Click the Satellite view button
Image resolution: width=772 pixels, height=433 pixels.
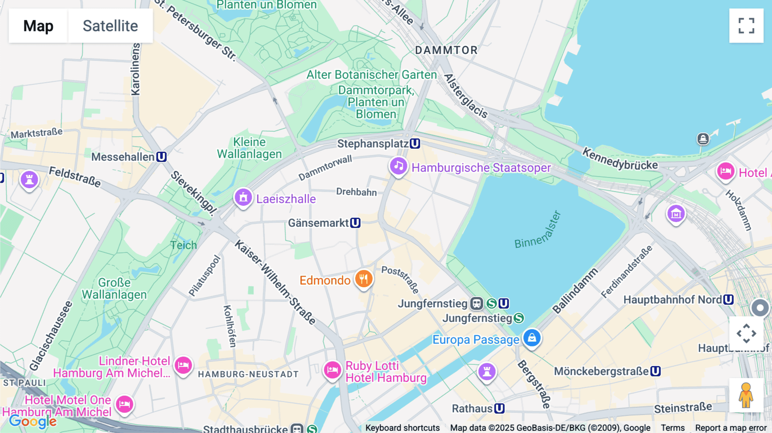(110, 26)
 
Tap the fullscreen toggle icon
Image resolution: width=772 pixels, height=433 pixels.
(746, 26)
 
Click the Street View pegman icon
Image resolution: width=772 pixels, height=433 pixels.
(746, 395)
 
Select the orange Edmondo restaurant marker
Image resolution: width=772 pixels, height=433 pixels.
(364, 279)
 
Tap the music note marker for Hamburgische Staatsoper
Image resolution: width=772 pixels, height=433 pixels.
(398, 166)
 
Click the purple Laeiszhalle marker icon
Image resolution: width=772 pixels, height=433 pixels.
(243, 198)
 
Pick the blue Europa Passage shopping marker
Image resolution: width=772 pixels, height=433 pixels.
(532, 338)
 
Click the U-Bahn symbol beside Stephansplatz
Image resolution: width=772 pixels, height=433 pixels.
(415, 144)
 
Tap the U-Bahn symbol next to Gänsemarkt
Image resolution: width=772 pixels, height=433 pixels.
(355, 223)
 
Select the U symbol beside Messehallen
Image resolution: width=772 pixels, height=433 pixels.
(161, 157)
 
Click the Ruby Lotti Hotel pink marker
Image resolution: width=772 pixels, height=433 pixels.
(332, 370)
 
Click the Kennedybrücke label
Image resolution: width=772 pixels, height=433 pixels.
(620, 159)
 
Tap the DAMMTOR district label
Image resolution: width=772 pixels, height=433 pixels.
(446, 50)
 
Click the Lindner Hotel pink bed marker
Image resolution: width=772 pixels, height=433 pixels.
(183, 365)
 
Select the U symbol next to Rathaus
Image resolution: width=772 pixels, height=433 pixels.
(499, 409)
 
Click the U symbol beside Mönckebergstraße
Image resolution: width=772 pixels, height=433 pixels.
(655, 371)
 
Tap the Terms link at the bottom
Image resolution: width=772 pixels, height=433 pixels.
(672, 428)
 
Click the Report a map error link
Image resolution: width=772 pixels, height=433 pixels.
(731, 428)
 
